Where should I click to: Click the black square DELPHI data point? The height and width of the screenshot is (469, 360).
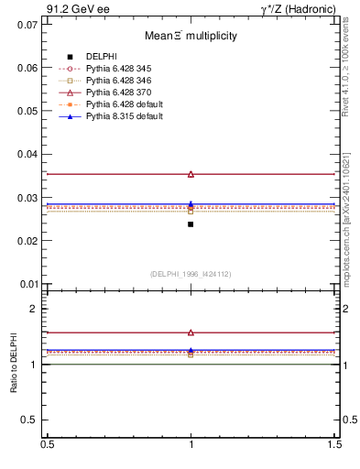191,224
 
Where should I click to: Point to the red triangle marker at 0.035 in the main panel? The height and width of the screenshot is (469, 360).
191,174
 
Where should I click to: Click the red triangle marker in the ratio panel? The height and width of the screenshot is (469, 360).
191,333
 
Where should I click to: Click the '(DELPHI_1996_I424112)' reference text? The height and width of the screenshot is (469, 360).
191,273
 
